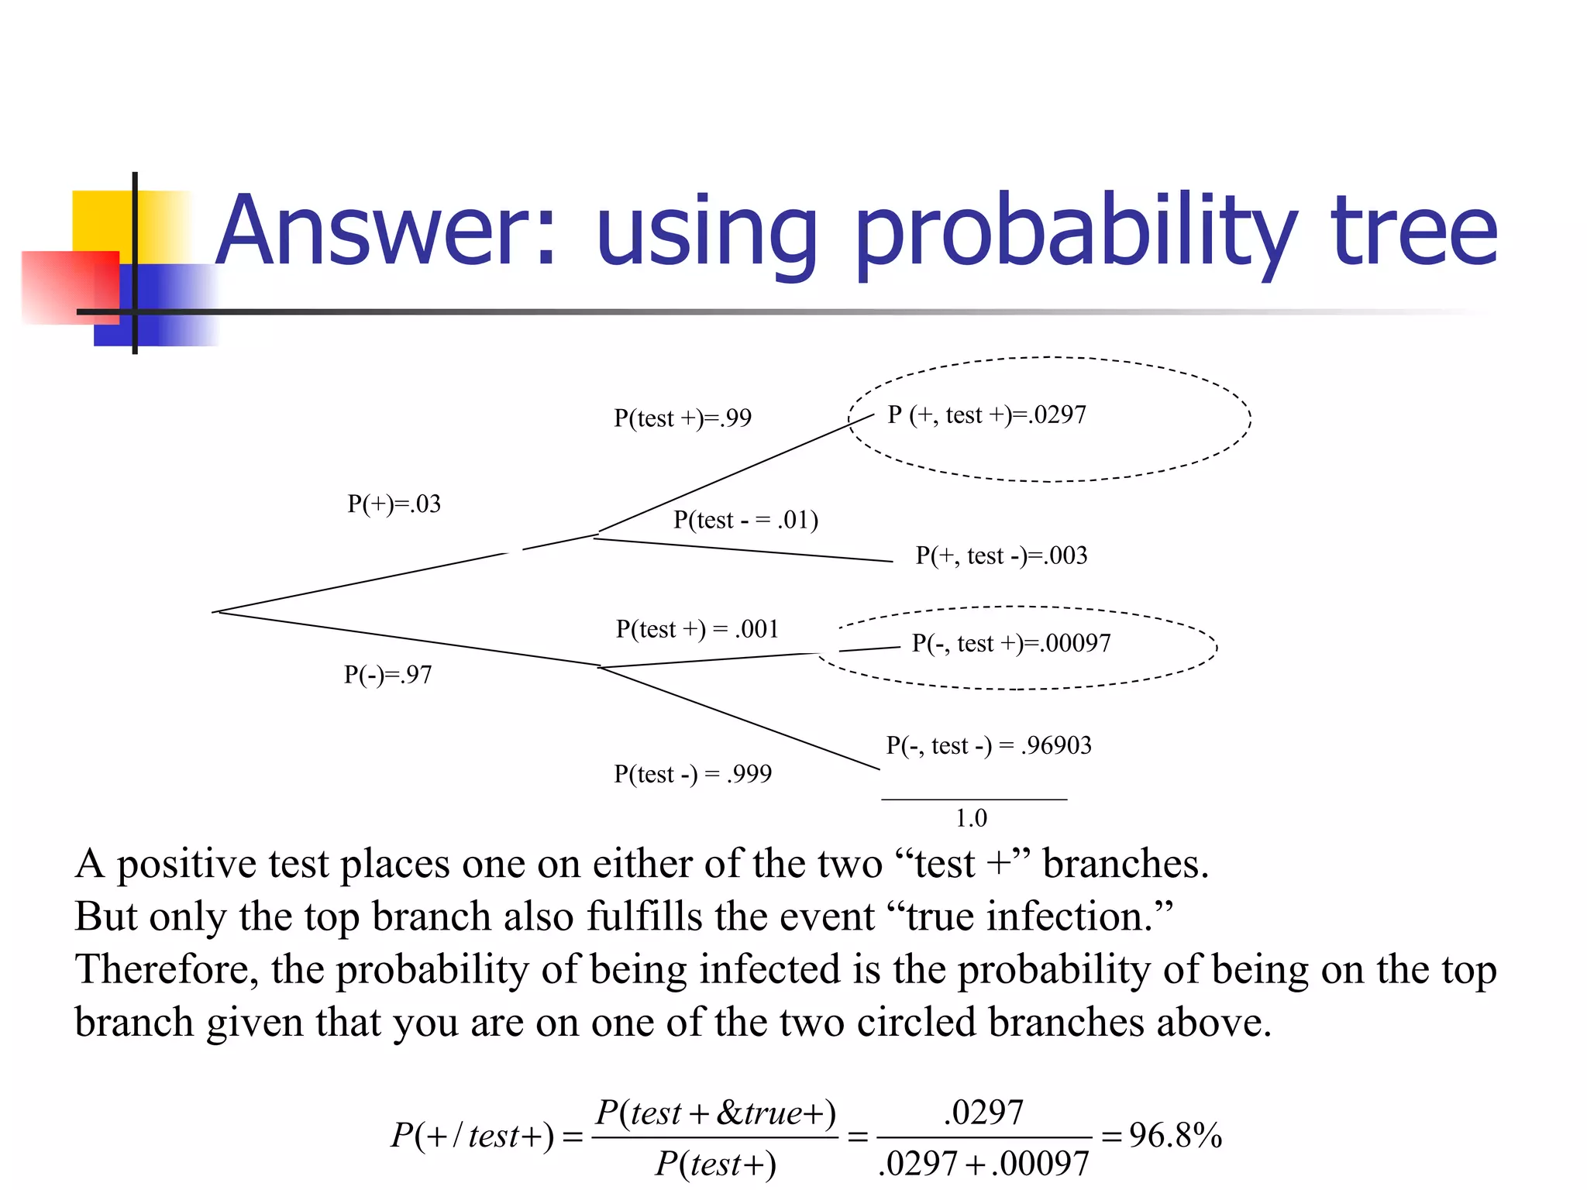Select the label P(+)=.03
pyautogui.click(x=394, y=504)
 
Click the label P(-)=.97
pyautogui.click(x=387, y=675)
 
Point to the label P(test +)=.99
pyautogui.click(x=682, y=418)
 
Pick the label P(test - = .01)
pyautogui.click(x=745, y=520)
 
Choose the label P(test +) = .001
pyautogui.click(x=697, y=629)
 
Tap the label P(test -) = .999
pyautogui.click(x=693, y=774)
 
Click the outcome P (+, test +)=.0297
pyautogui.click(x=986, y=415)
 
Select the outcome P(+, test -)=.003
pyautogui.click(x=1001, y=555)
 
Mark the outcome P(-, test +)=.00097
pyautogui.click(x=1010, y=643)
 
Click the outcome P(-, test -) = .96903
pyautogui.click(x=989, y=745)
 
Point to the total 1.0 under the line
pyautogui.click(x=971, y=818)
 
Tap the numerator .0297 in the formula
pyautogui.click(x=983, y=1113)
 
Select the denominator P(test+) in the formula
pyautogui.click(x=715, y=1164)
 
